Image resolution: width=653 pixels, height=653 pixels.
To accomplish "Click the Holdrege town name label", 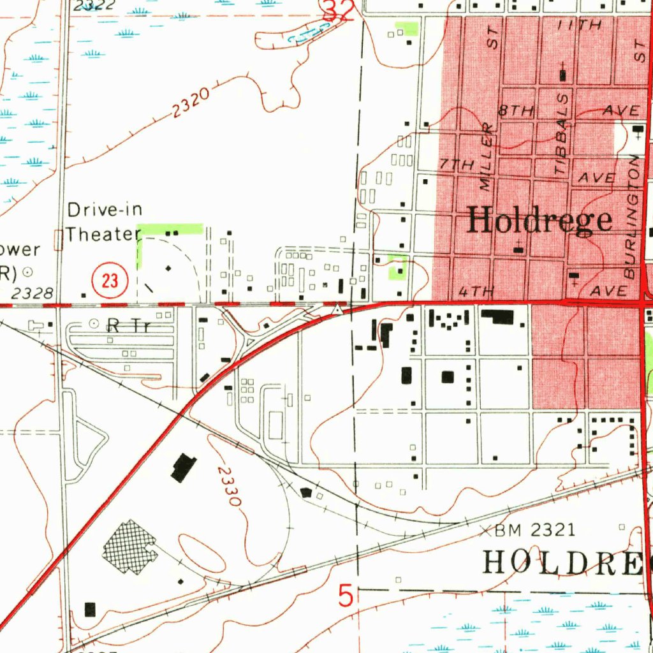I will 540,221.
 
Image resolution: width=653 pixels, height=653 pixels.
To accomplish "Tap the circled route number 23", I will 110,280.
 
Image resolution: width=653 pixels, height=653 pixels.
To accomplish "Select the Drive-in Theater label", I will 104,222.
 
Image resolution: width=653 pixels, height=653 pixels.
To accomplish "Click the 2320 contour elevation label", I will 190,103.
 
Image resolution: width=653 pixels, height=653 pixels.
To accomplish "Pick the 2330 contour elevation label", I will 228,487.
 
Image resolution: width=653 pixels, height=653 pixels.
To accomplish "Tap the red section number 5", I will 345,597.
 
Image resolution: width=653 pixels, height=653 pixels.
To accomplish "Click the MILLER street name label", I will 487,157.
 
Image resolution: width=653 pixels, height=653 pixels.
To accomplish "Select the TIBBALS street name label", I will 561,135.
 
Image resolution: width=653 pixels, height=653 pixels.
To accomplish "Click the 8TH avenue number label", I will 516,110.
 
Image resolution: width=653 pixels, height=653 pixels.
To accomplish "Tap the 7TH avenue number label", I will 457,165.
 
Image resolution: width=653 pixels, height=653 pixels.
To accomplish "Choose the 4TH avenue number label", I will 476,292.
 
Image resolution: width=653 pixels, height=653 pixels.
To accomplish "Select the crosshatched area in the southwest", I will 129,547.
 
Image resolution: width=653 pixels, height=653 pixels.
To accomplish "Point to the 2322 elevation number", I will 94,6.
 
